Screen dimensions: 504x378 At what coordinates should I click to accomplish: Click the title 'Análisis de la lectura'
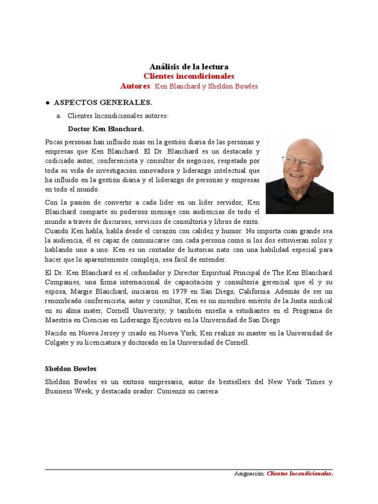click(189, 66)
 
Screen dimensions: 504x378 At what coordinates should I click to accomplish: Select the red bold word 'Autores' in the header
click(135, 86)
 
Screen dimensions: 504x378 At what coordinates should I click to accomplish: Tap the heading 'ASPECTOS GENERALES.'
click(103, 102)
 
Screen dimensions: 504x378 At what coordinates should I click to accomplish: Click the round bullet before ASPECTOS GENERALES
click(47, 103)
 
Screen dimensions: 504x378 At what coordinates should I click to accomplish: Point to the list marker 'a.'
click(59, 116)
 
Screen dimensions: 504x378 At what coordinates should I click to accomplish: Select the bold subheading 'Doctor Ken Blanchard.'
click(106, 129)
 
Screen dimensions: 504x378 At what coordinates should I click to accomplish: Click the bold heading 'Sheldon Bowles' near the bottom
click(70, 369)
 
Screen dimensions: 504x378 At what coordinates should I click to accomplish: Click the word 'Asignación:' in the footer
click(249, 474)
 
